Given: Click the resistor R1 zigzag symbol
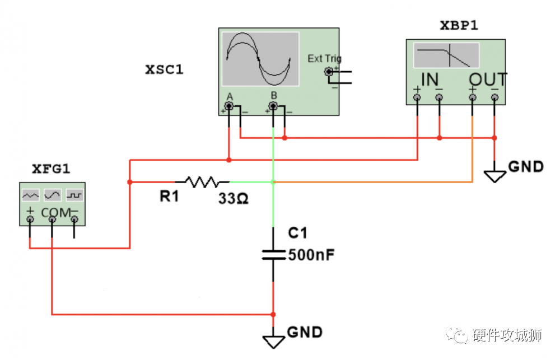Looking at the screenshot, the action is click(x=203, y=182).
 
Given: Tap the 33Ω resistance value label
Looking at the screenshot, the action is click(x=233, y=198).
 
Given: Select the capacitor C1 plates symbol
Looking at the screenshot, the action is click(x=274, y=255).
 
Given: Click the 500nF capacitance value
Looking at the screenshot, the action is click(x=311, y=255).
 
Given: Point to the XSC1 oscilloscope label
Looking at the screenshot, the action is click(x=164, y=69).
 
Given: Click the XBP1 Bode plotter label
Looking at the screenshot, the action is click(x=459, y=25).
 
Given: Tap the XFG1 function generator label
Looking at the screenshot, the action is click(x=51, y=169).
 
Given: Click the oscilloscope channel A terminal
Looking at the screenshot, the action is click(x=229, y=106).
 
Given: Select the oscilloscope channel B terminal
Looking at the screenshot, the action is click(x=273, y=106).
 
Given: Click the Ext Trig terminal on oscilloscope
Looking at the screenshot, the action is click(x=329, y=72).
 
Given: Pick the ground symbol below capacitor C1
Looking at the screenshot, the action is click(x=274, y=341).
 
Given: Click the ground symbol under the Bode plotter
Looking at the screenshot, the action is click(x=494, y=176).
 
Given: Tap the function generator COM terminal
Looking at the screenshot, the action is click(x=52, y=219).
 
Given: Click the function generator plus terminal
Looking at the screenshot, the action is click(x=30, y=219).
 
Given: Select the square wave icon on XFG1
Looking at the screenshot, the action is click(x=74, y=195).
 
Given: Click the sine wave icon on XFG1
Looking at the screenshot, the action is click(x=53, y=195).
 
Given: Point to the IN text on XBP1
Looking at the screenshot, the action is click(x=430, y=80).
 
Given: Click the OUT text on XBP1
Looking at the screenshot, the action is click(x=488, y=80).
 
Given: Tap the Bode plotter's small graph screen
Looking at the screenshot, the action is click(x=446, y=55).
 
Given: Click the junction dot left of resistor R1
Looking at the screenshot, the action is click(x=130, y=182).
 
